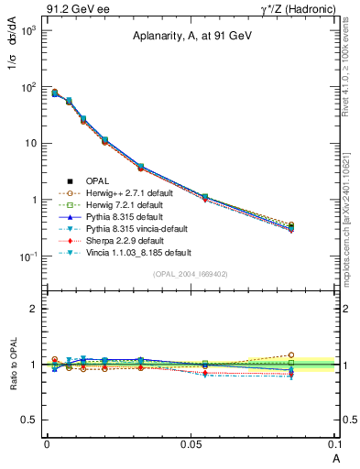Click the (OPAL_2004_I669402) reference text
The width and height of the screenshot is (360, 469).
(x=191, y=273)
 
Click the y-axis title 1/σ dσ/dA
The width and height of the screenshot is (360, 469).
(x=19, y=68)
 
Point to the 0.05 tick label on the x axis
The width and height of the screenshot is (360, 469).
(x=191, y=444)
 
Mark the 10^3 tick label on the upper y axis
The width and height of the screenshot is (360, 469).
(x=27, y=30)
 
